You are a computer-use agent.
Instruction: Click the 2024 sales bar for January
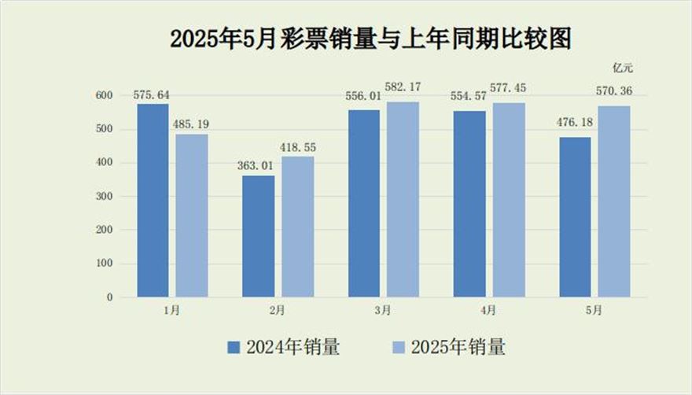pyautogui.click(x=153, y=201)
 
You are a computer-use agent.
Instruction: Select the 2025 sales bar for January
pyautogui.click(x=192, y=216)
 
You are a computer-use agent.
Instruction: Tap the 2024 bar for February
pyautogui.click(x=259, y=236)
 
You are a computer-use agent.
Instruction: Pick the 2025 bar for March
pyautogui.click(x=403, y=200)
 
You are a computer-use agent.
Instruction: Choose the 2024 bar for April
pyautogui.click(x=469, y=204)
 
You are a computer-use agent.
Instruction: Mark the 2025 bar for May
pyautogui.click(x=614, y=201)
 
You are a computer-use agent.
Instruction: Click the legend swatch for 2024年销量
pyautogui.click(x=234, y=346)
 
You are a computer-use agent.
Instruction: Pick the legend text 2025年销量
pyautogui.click(x=458, y=346)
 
